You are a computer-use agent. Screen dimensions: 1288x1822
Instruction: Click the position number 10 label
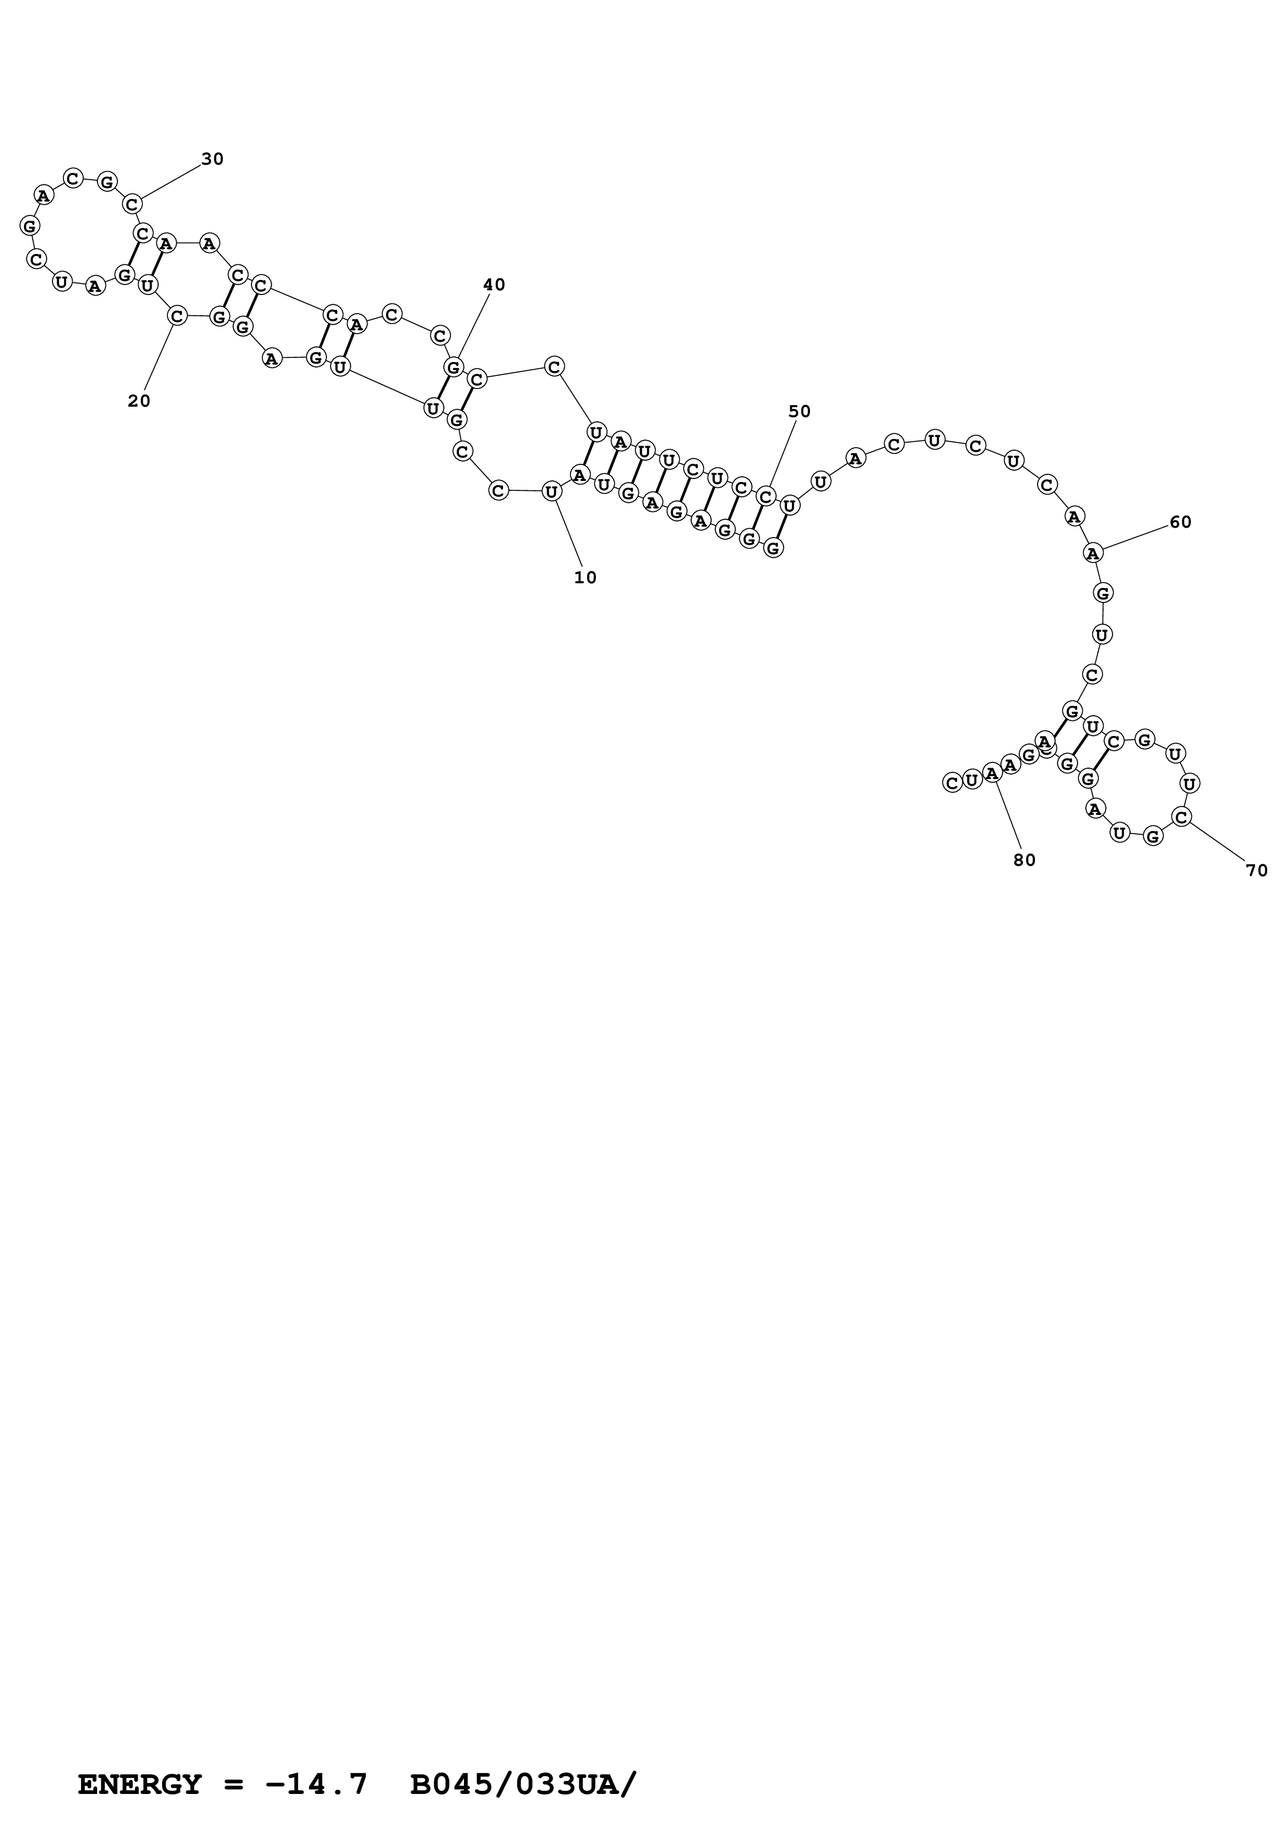pos(585,578)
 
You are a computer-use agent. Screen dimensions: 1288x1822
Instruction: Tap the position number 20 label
pos(139,401)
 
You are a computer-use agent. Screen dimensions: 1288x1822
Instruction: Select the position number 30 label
pos(213,159)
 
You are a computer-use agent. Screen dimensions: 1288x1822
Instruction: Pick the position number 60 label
pos(1180,522)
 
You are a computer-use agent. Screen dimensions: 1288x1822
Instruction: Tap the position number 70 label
pos(1257,870)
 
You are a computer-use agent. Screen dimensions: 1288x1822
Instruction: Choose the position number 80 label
pos(1025,860)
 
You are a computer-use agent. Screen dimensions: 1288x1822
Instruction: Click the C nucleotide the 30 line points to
pos(132,204)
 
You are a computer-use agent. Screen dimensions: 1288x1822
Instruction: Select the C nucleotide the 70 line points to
pos(1181,816)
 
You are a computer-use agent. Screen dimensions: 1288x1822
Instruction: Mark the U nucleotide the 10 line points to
pos(552,492)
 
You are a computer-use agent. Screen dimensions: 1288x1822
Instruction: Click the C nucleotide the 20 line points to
pos(177,316)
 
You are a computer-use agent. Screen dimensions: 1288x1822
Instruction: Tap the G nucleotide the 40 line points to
pos(453,367)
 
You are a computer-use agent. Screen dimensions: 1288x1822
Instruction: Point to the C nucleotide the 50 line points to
pos(765,497)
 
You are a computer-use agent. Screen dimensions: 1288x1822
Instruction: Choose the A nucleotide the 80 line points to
pos(992,772)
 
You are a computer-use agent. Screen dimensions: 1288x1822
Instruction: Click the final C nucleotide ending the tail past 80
pos(952,782)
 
